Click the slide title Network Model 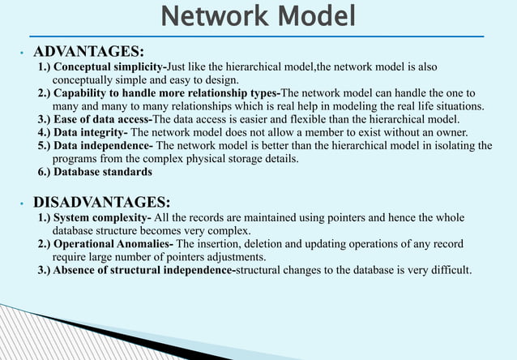click(258, 15)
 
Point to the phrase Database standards click(102, 172)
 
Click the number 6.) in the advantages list click(45, 172)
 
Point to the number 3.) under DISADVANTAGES click(45, 270)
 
